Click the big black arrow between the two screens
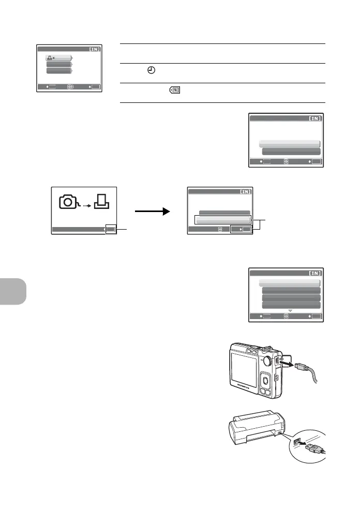click(152, 211)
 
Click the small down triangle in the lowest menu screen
click(290, 310)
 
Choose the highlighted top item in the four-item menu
click(290, 282)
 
